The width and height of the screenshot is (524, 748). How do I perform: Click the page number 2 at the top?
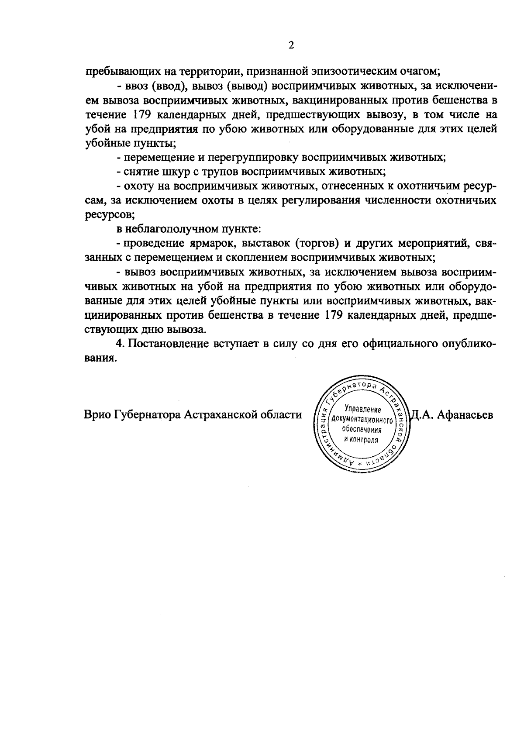(291, 45)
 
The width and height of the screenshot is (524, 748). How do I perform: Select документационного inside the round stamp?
(362, 420)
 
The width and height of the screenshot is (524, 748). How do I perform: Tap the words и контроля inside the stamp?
(361, 439)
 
